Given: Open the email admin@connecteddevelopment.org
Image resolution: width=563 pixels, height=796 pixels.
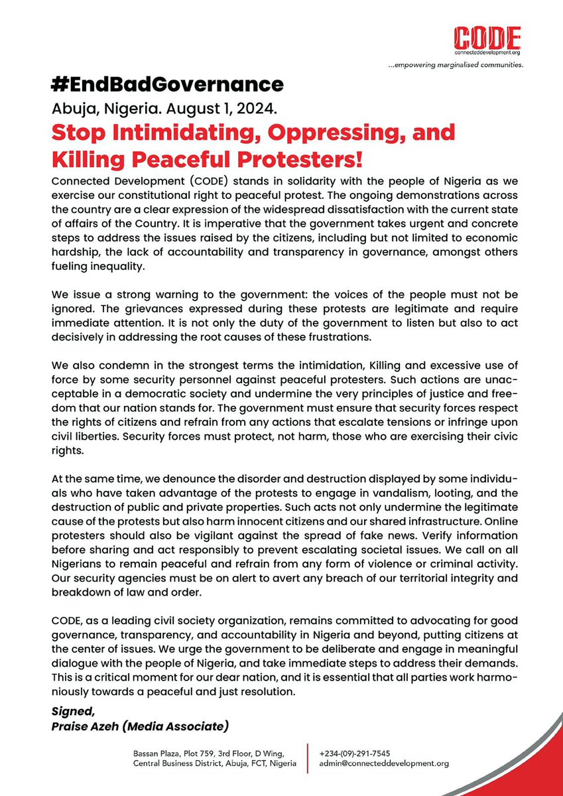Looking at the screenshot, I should click(x=384, y=763).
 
